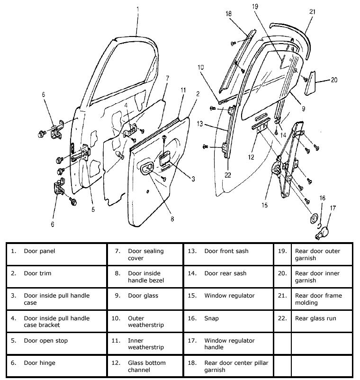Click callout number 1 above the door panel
click(x=138, y=9)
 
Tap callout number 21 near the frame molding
click(x=312, y=12)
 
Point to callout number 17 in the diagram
click(x=333, y=208)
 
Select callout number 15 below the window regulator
click(x=265, y=205)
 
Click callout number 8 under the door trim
click(x=172, y=218)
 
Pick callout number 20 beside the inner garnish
click(x=334, y=80)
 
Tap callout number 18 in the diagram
click(x=228, y=14)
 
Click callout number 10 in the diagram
click(x=200, y=68)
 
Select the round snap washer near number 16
click(x=313, y=219)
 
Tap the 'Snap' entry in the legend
click(x=211, y=318)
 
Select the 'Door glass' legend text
click(x=143, y=296)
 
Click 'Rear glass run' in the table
click(x=315, y=318)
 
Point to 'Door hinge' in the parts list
click(x=39, y=363)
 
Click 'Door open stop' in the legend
click(x=45, y=341)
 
